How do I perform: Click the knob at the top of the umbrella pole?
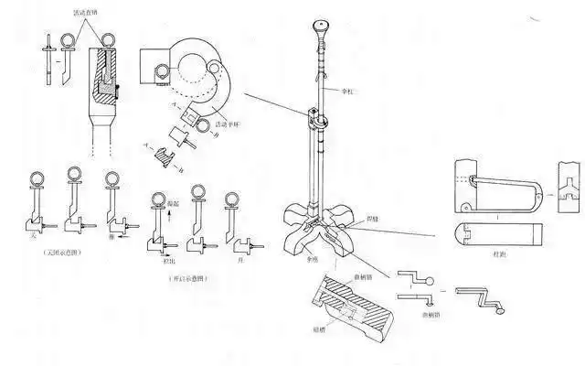tap(319, 24)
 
